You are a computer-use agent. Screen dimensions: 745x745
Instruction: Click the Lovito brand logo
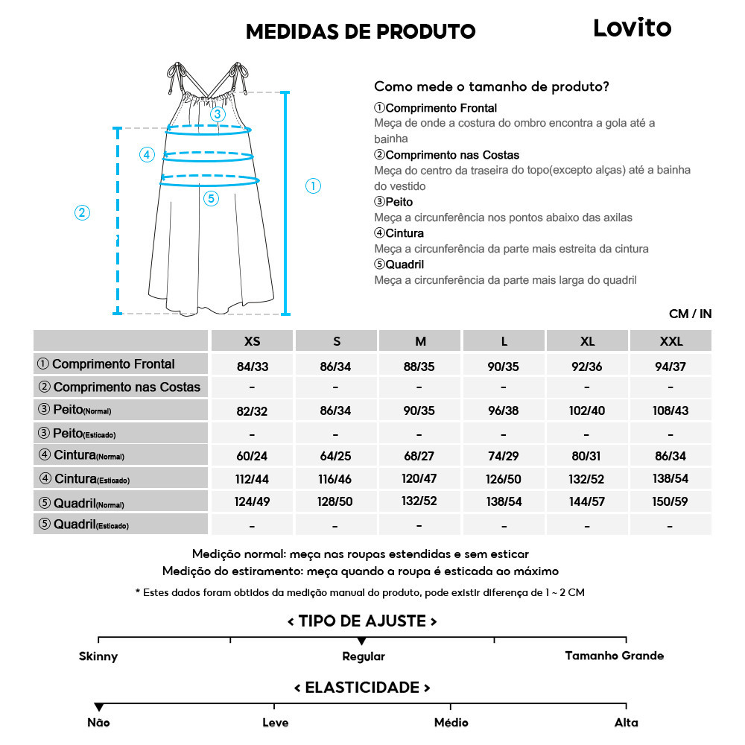pyautogui.click(x=632, y=28)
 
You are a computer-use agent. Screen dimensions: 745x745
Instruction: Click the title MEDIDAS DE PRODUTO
pyautogui.click(x=361, y=31)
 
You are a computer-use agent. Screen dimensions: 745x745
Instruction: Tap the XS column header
pyautogui.click(x=253, y=341)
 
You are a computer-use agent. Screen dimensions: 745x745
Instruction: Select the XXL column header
pyautogui.click(x=670, y=341)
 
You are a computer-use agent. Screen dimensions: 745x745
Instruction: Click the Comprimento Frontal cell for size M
pyautogui.click(x=420, y=367)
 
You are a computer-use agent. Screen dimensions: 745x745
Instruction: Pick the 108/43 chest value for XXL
pyautogui.click(x=670, y=410)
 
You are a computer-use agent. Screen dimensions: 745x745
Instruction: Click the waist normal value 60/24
pyautogui.click(x=253, y=456)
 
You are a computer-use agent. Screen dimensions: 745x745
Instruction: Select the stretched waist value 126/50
pyautogui.click(x=504, y=479)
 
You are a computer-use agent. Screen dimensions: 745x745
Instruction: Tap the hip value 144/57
pyautogui.click(x=587, y=502)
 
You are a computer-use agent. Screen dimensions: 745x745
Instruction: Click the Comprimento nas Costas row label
pyautogui.click(x=120, y=387)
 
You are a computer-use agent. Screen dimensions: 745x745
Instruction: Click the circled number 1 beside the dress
pyautogui.click(x=314, y=186)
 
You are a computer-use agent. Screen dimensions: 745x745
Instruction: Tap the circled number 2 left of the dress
pyautogui.click(x=83, y=212)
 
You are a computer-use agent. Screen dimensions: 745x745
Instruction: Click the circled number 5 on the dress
pyautogui.click(x=211, y=198)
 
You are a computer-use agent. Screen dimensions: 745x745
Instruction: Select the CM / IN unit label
pyautogui.click(x=690, y=314)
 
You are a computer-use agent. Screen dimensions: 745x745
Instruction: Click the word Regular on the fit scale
pyautogui.click(x=364, y=656)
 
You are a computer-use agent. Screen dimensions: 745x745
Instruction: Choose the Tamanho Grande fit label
pyautogui.click(x=614, y=656)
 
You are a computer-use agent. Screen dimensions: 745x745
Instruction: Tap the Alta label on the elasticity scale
pyautogui.click(x=626, y=723)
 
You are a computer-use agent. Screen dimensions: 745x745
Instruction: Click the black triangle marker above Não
pyautogui.click(x=98, y=707)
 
